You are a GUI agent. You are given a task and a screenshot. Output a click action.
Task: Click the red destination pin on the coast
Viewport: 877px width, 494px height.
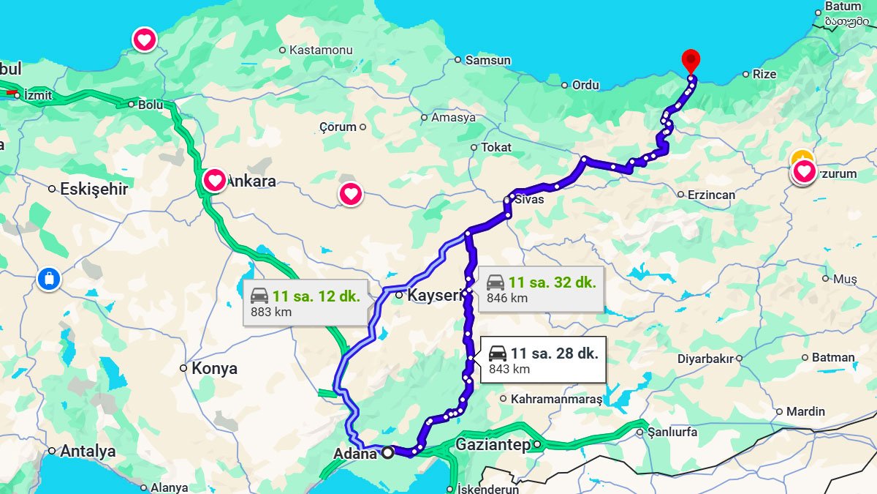point(690,60)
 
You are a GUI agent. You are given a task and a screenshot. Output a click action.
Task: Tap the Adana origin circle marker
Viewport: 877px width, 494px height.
point(387,452)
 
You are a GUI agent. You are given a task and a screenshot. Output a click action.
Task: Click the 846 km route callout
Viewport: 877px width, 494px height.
point(541,289)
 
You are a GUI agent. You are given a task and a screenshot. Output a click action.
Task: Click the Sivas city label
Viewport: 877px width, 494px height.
point(529,199)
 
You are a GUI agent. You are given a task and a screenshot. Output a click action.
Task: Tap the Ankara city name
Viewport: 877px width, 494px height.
point(251,181)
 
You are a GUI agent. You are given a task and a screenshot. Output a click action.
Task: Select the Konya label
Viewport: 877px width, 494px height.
point(214,368)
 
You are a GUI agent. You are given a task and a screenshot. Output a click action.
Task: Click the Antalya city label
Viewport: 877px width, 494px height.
point(88,451)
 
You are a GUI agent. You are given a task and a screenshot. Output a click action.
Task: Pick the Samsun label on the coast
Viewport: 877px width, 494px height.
point(487,60)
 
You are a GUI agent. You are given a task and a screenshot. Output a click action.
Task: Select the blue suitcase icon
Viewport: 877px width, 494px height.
point(48,279)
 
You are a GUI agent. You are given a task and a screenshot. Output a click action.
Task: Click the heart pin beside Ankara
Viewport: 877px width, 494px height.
point(214,179)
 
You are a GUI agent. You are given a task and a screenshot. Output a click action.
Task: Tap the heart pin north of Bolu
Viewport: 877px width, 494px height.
point(144,39)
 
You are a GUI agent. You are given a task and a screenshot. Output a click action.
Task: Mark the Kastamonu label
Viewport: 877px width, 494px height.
point(321,50)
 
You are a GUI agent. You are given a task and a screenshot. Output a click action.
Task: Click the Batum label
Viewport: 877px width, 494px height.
point(843,7)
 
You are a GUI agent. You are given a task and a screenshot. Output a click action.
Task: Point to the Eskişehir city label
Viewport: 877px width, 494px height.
point(94,189)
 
